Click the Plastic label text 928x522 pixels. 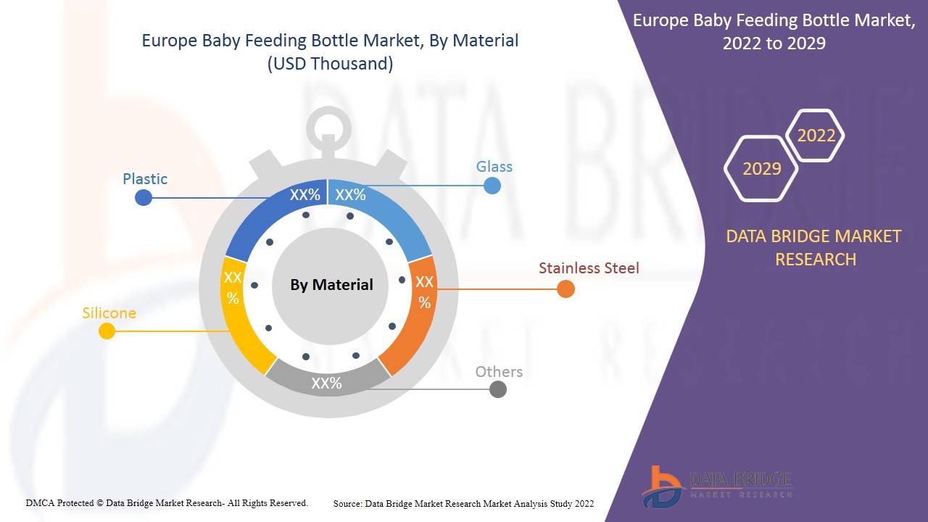(x=145, y=179)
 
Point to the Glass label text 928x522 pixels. (x=494, y=167)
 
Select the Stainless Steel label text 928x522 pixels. (x=589, y=268)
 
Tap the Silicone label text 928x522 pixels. (x=109, y=313)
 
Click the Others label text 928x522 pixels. (x=499, y=372)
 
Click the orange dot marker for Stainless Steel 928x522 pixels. (x=565, y=289)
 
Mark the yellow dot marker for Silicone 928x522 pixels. (x=107, y=331)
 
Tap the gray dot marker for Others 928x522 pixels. (x=497, y=389)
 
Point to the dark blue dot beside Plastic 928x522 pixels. (x=144, y=197)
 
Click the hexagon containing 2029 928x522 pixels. (x=761, y=168)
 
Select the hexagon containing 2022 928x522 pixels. (x=816, y=136)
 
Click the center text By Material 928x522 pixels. (x=331, y=285)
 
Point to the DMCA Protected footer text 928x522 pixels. (x=167, y=502)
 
